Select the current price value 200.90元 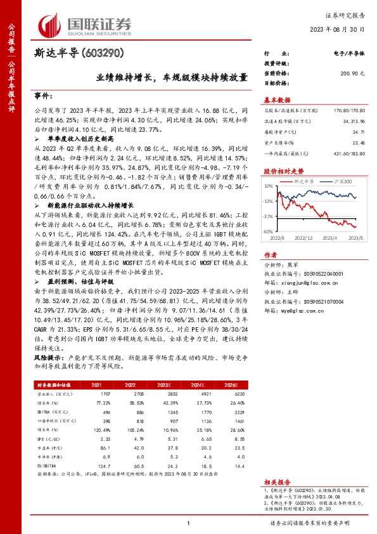(352, 74)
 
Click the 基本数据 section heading (277, 99)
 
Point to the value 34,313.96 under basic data (352, 120)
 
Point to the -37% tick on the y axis (268, 216)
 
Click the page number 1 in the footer (189, 523)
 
